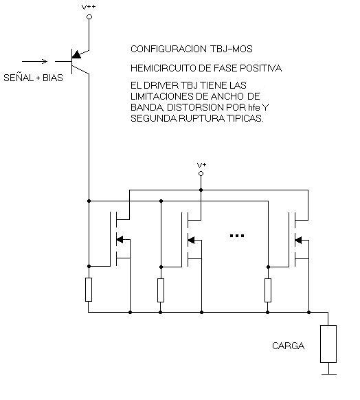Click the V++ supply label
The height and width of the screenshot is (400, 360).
89,7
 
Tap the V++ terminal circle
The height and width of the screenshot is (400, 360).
89,16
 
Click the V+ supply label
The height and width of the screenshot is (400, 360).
202,165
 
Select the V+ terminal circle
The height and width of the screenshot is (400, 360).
201,174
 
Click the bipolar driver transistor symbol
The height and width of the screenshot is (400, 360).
76,61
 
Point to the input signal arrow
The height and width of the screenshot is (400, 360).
34,61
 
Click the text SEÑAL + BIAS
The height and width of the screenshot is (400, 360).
33,78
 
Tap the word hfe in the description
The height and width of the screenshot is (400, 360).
254,107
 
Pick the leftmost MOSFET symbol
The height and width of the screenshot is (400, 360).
120,239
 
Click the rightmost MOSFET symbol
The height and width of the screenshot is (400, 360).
299,240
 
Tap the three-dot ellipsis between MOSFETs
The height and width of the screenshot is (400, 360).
237,236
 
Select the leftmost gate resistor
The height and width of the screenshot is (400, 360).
89,289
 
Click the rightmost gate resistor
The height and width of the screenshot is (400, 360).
268,290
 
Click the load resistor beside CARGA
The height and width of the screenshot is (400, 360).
328,344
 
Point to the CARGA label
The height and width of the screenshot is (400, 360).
288,346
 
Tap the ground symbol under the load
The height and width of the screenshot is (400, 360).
329,372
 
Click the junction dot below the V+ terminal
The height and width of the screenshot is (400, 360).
201,190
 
